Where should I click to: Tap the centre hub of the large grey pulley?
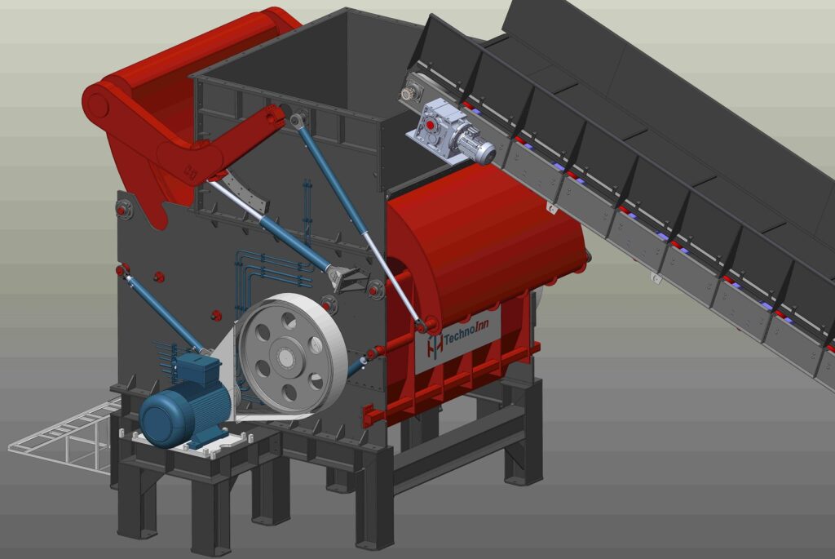click(285, 356)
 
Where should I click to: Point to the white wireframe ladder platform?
click(63, 433)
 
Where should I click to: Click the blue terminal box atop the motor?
click(198, 368)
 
